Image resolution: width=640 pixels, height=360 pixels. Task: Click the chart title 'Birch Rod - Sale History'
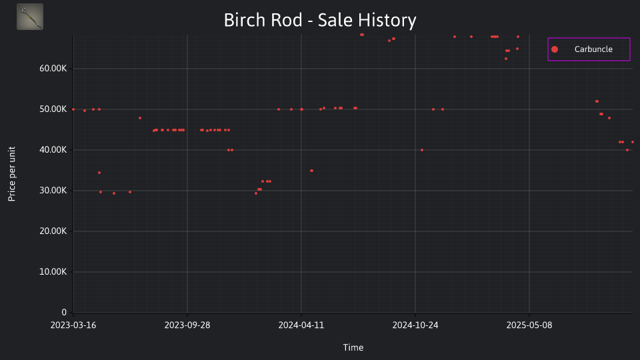click(320, 20)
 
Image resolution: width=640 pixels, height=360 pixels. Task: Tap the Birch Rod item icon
click(30, 17)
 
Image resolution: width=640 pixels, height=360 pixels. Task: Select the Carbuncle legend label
click(593, 49)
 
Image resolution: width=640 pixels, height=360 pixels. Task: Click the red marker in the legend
click(554, 49)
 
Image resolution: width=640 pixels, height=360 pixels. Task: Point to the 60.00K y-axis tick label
click(53, 69)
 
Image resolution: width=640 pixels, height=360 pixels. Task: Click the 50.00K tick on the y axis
click(53, 109)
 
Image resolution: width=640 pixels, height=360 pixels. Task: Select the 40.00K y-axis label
click(53, 150)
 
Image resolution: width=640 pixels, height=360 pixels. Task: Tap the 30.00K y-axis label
click(53, 190)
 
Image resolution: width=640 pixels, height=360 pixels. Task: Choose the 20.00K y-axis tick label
click(53, 231)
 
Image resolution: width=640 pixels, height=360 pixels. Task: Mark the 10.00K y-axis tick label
click(53, 271)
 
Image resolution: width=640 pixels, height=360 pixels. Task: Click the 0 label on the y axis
click(64, 312)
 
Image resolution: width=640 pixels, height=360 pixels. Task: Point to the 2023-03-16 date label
click(73, 325)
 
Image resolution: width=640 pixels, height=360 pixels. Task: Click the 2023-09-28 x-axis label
click(187, 325)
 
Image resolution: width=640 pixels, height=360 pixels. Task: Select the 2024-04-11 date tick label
click(301, 325)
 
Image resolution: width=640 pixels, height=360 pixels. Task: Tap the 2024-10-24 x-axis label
click(415, 325)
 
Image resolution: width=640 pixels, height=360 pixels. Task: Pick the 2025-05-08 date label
click(529, 325)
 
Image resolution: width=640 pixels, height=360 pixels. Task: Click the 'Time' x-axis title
click(353, 347)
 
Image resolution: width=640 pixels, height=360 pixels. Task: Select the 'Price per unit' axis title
click(12, 174)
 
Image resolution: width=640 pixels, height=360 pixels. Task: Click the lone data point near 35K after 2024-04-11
click(311, 171)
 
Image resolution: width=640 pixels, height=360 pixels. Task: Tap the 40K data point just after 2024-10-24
click(422, 150)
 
